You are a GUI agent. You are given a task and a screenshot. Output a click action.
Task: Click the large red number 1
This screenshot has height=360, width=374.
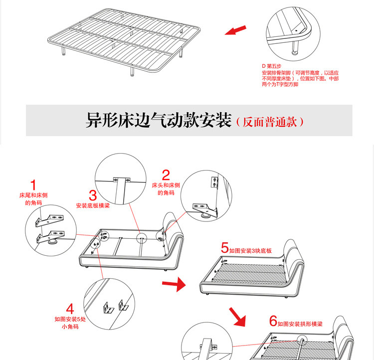click(x=33, y=185)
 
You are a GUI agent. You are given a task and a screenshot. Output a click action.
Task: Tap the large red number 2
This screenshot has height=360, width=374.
click(x=166, y=175)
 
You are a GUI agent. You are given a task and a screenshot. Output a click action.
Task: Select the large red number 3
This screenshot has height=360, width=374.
click(x=93, y=195)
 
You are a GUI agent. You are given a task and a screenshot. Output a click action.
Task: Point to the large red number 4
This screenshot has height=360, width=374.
click(x=70, y=309)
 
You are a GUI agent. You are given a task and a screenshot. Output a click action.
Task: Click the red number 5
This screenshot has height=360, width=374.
click(x=225, y=247)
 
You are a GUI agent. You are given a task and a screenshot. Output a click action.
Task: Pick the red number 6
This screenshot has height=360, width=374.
click(x=273, y=321)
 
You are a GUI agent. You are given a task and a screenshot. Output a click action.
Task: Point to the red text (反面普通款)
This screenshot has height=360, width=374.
click(x=269, y=122)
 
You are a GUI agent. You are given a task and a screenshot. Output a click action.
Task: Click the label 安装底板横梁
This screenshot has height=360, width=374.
click(x=93, y=205)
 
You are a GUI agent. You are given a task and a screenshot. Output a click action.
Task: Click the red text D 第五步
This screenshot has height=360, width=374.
click(x=272, y=66)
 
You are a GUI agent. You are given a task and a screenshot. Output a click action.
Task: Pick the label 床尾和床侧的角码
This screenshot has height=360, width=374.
click(x=33, y=199)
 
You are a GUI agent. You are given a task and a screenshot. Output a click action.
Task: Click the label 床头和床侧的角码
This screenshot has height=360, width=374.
click(x=166, y=189)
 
